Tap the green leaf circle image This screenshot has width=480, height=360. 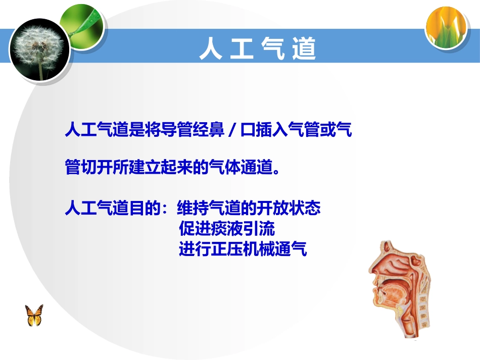click(81, 22)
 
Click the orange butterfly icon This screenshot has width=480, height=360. click(34, 315)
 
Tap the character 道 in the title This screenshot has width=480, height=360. click(304, 49)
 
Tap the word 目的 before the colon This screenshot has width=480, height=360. click(145, 208)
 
